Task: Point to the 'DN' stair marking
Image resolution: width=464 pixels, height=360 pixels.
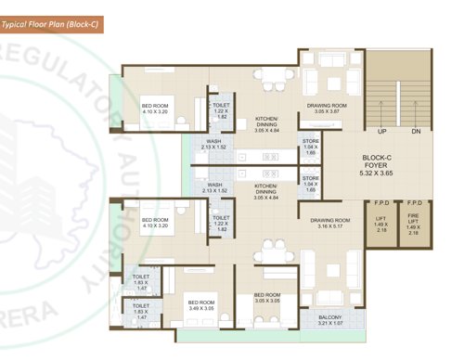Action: (x=415, y=132)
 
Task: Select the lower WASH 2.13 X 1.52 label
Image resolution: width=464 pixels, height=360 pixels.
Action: (x=214, y=188)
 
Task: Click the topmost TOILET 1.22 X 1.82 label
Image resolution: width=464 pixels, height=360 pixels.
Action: (x=221, y=111)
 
